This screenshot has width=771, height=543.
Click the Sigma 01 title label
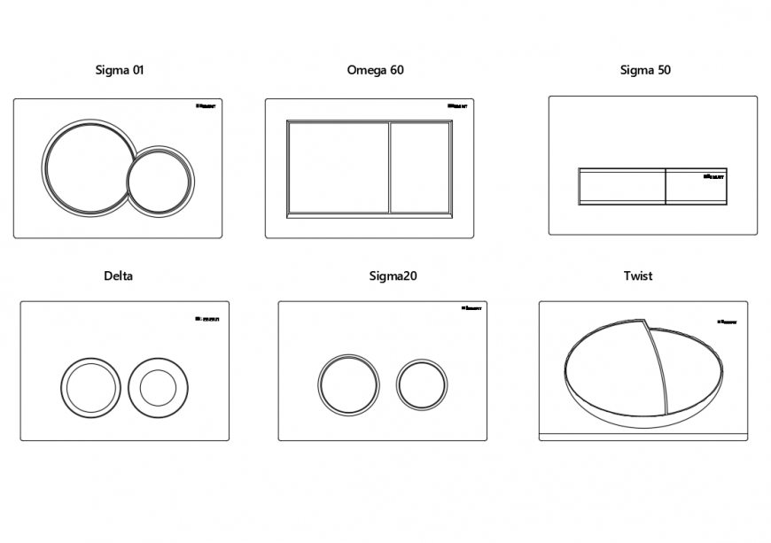click(x=119, y=70)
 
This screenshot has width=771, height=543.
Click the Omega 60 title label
click(x=375, y=70)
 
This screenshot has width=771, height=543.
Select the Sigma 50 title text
click(x=644, y=70)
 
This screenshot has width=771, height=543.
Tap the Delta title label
click(x=119, y=275)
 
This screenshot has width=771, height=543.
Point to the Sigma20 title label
click(x=393, y=275)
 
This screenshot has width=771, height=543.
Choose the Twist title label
click(x=637, y=275)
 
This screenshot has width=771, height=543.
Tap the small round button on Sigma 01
click(x=160, y=181)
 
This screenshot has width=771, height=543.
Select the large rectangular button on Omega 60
click(x=338, y=167)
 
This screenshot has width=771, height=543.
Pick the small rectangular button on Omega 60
click(x=420, y=167)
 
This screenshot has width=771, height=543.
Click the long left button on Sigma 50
click(x=621, y=186)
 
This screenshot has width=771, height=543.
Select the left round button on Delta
click(x=90, y=388)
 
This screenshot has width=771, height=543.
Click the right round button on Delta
click(x=158, y=387)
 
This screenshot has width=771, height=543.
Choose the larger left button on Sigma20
click(x=348, y=384)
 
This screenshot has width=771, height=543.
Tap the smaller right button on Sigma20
click(x=422, y=384)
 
